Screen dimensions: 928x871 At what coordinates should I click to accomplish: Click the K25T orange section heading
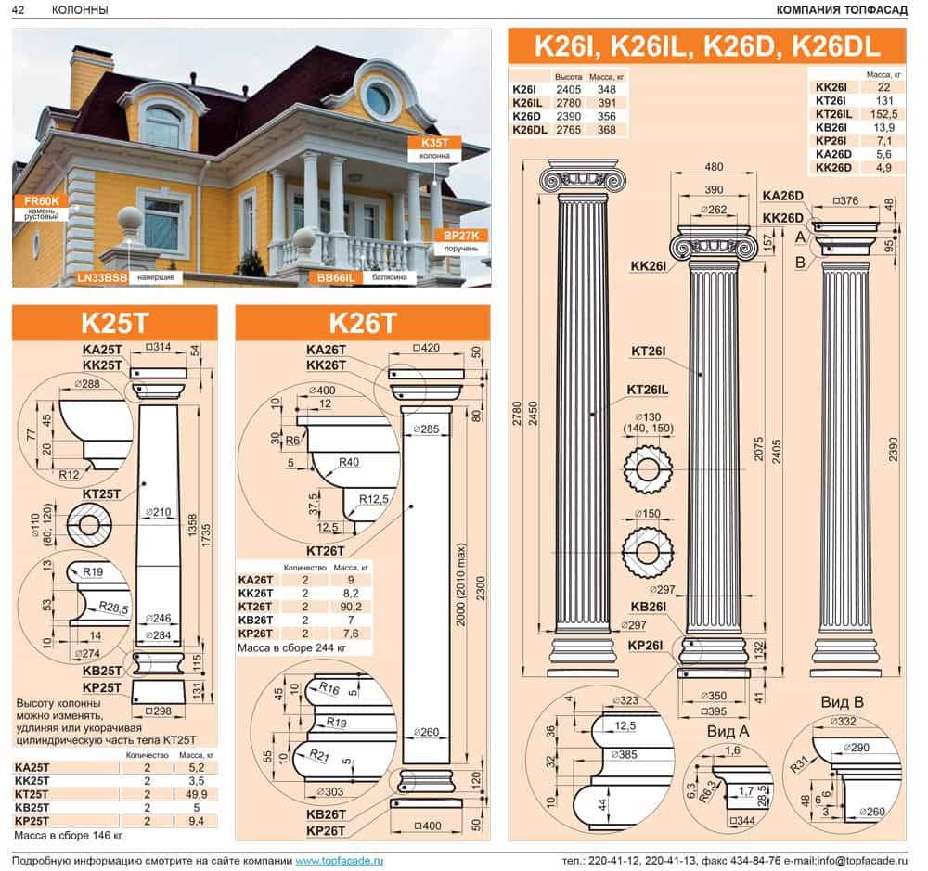[115, 323]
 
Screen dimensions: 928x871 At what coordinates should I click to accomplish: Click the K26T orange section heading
[362, 323]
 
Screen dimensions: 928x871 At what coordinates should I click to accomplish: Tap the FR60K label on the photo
[42, 201]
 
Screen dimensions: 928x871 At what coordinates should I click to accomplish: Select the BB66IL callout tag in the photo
[336, 277]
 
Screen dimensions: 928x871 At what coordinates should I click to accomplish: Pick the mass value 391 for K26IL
[607, 103]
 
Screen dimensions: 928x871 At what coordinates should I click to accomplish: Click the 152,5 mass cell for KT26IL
[883, 114]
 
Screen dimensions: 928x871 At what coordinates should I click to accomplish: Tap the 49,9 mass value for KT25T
[196, 794]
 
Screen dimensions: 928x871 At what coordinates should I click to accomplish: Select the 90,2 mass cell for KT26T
[351, 607]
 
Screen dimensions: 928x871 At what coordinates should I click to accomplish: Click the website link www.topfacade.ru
[339, 861]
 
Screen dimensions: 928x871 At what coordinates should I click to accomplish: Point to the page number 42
[19, 9]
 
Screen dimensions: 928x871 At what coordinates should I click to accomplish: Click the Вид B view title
[842, 702]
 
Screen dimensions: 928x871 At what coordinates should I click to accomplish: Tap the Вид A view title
[728, 731]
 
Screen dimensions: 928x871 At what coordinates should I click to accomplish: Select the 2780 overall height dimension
[517, 415]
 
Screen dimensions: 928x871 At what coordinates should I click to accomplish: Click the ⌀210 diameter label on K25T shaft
[158, 512]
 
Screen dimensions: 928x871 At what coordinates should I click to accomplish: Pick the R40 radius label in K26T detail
[349, 462]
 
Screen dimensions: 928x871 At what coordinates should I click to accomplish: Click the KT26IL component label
[647, 390]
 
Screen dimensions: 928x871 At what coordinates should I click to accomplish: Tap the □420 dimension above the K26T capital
[426, 348]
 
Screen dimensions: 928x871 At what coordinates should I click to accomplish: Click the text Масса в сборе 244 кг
[291, 648]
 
